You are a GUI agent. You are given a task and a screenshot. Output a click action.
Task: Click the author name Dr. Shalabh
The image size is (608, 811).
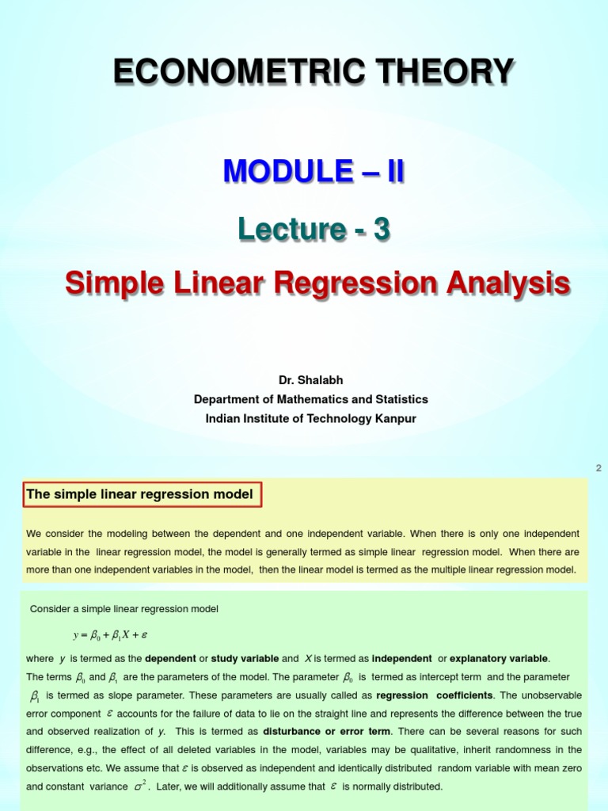(310, 380)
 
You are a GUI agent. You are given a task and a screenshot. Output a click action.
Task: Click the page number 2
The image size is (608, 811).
(598, 468)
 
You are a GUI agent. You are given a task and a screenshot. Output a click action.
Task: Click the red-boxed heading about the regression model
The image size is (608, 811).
(140, 495)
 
